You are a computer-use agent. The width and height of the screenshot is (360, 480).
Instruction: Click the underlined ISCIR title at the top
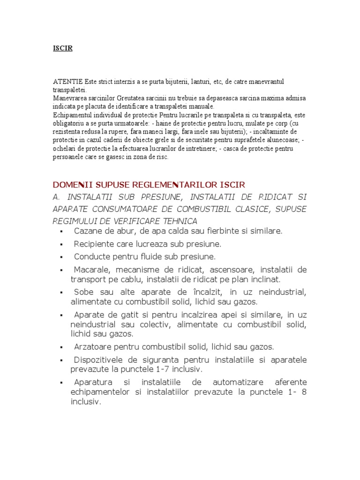62,48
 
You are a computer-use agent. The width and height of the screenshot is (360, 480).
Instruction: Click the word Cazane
88,232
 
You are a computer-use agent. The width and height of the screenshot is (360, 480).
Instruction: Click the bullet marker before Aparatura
61,383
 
